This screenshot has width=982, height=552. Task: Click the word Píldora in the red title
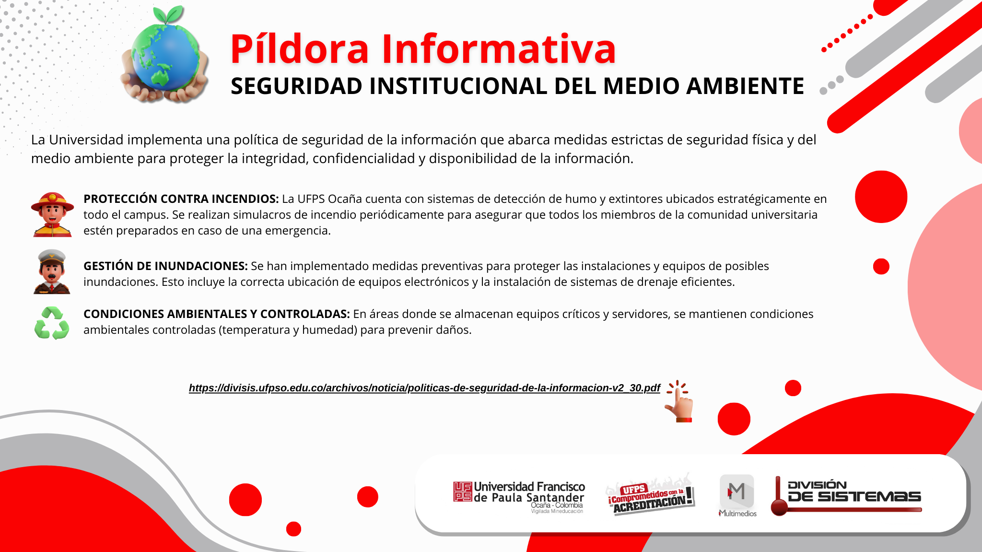[300, 49]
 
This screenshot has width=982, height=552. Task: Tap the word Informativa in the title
[499, 49]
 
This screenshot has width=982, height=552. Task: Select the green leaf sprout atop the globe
[167, 14]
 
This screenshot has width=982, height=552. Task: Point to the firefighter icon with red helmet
[52, 214]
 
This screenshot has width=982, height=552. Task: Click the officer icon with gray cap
[52, 271]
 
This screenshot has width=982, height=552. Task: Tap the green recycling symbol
[52, 323]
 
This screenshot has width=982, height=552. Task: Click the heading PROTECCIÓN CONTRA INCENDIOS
[181, 199]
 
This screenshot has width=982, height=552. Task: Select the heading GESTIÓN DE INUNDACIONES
[165, 266]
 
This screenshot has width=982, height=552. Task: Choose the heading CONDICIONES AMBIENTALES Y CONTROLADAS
[217, 314]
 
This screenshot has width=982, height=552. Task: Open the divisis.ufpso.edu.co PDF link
[424, 388]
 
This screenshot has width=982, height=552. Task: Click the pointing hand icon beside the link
[679, 401]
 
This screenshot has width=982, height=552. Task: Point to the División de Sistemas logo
[846, 496]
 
